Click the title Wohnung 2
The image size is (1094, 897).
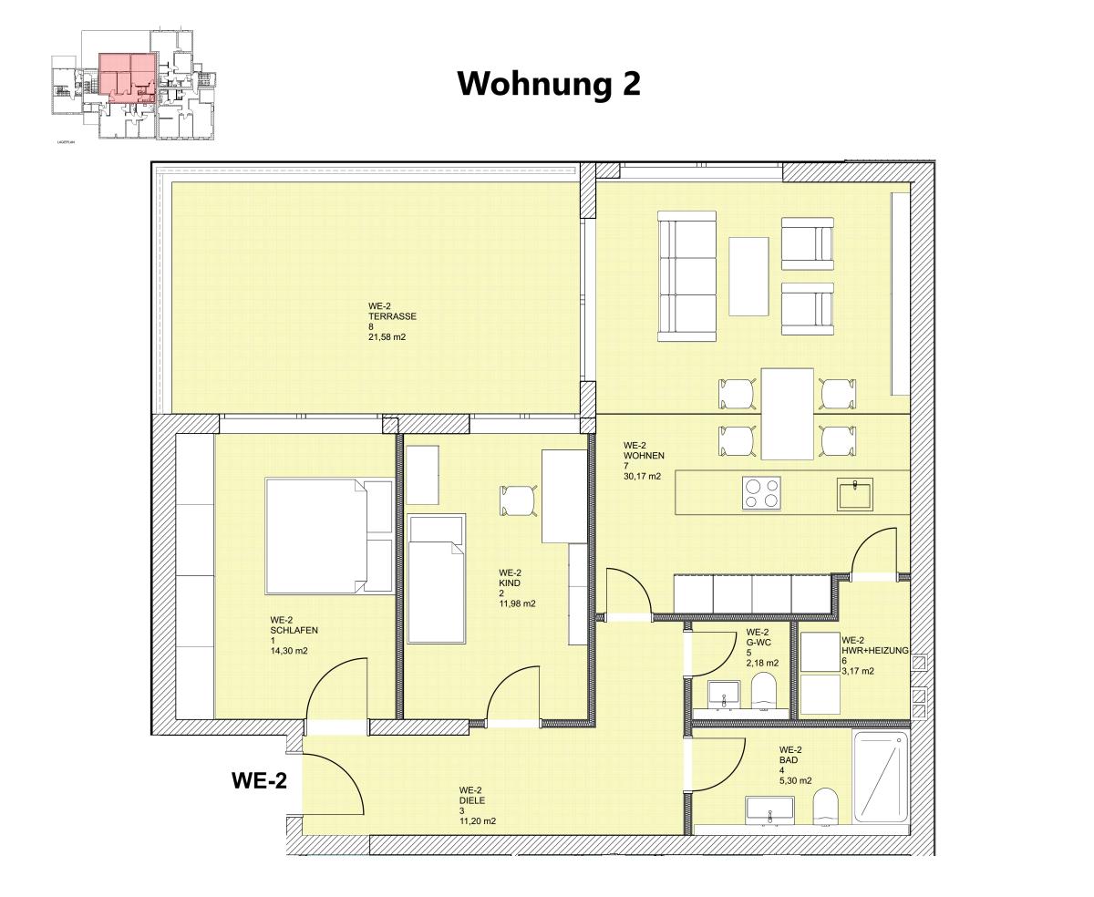(549, 84)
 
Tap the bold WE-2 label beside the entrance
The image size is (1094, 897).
(259, 780)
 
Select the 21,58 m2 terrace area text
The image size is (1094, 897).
(387, 337)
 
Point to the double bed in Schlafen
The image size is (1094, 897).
(328, 535)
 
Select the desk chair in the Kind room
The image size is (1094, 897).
(516, 500)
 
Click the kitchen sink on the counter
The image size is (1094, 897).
(856, 494)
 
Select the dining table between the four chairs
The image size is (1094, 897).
(787, 413)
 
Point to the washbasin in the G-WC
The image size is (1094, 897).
(725, 694)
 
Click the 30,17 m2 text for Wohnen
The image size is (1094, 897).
(642, 476)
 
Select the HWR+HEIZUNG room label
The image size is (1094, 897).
(874, 650)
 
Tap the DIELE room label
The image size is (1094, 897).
(471, 800)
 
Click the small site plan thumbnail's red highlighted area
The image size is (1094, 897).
(128, 75)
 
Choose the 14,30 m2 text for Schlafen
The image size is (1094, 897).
(289, 651)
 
